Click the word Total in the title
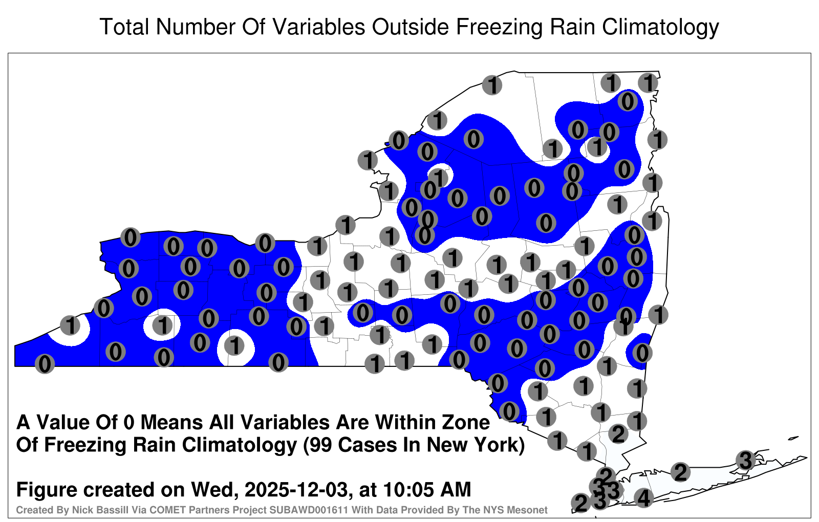124,27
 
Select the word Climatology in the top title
661,28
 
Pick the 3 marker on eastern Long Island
745,460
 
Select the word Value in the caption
62,422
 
